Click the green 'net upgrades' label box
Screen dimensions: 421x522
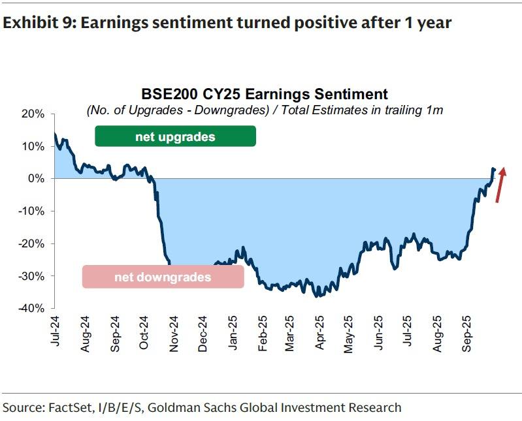175,137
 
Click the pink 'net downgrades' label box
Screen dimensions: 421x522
163,277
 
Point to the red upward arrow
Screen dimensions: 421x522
500,185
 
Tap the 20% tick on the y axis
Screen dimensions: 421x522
33,114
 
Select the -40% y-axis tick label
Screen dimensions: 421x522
31,308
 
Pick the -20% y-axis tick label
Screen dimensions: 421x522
31,243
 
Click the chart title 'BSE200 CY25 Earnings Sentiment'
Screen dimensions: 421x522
265,94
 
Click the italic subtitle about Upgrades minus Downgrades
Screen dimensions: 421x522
265,110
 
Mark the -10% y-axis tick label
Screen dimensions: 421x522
31,211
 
